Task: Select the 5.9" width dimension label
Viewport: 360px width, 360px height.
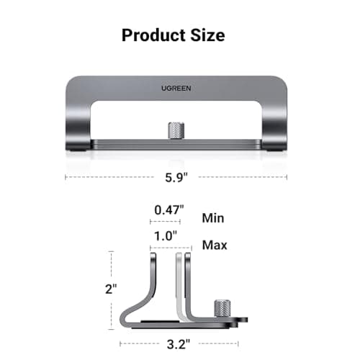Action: coord(175,176)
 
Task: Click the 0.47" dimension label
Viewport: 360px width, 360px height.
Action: coord(168,210)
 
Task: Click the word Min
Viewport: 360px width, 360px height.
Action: coord(213,217)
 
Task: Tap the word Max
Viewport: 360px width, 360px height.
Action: coord(215,245)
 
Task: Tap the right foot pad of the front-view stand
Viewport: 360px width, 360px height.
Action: coord(276,149)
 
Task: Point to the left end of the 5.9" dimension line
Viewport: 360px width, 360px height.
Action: coord(66,176)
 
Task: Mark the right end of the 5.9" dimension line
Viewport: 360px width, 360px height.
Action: coord(287,176)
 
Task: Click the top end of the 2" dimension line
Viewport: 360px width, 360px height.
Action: coord(112,251)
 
